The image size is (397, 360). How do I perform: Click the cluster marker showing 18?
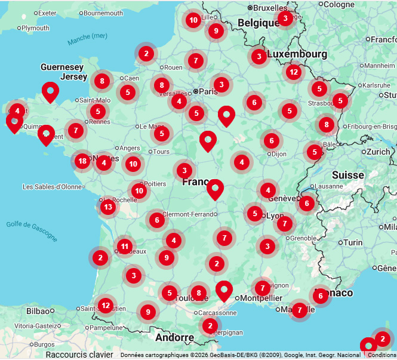82,161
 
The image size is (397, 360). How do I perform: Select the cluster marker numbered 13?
107,207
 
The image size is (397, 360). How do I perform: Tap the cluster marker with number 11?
124,246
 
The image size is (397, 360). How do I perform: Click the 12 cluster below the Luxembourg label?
293,72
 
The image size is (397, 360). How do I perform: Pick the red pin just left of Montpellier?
224,290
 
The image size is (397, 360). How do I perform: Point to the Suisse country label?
348,176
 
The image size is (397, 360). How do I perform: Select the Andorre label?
174,337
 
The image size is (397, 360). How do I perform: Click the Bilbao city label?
38,311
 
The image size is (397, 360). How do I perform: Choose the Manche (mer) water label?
87,39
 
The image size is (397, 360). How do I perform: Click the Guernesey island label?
62,67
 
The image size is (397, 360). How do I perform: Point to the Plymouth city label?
36,28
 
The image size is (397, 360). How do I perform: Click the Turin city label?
353,242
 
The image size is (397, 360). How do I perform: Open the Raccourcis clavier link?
80,355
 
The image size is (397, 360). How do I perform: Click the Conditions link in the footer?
382,355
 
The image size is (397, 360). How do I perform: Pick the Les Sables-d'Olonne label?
52,187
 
